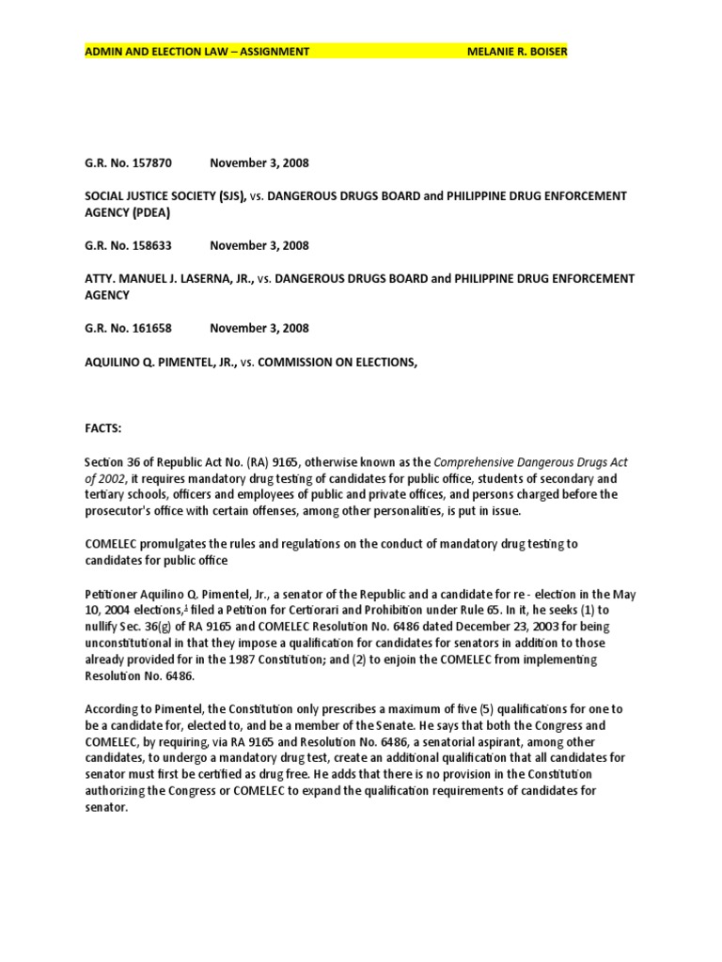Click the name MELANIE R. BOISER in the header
517,51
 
